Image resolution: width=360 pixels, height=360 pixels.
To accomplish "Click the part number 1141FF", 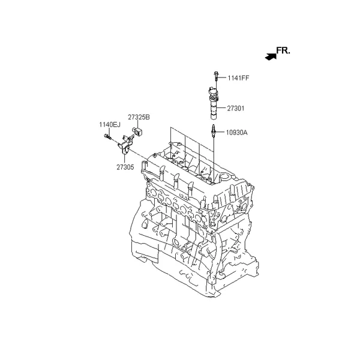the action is click(x=238, y=78).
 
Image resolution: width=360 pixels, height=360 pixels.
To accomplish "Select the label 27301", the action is click(x=236, y=108).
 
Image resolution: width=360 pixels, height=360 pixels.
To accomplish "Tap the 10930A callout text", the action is click(x=237, y=133).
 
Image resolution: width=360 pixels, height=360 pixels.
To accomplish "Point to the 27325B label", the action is click(x=139, y=117).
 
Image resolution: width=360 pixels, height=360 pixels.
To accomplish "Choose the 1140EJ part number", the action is click(x=110, y=125).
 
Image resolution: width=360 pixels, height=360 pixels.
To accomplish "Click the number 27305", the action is click(x=125, y=167).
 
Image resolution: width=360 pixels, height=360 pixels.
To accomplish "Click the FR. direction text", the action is click(x=283, y=50).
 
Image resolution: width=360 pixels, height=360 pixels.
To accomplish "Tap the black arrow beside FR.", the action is click(x=271, y=57).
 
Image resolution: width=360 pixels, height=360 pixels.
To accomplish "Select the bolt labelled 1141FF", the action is click(x=216, y=76).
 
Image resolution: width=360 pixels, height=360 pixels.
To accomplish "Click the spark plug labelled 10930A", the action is click(x=214, y=131).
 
